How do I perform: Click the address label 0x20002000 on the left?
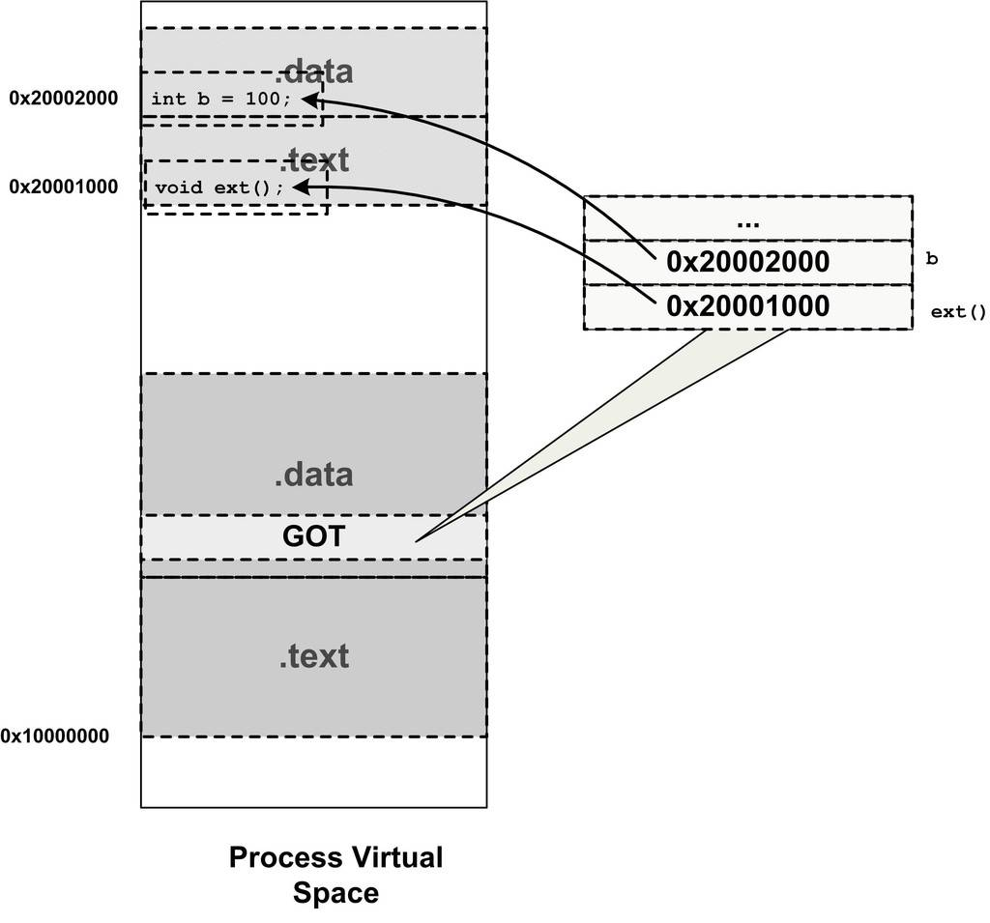tap(63, 98)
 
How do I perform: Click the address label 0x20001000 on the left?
tap(63, 187)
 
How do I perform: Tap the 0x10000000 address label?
tap(55, 736)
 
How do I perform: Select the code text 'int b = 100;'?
tap(220, 99)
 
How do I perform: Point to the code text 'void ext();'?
tap(219, 187)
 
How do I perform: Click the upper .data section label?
tap(314, 72)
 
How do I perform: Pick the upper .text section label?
tap(313, 159)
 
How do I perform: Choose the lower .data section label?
tap(313, 475)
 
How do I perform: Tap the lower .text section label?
tap(313, 656)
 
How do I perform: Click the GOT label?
tap(313, 536)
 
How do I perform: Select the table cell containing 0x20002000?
tap(747, 262)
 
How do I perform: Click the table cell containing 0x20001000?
tap(747, 307)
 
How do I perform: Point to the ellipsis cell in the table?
tap(747, 219)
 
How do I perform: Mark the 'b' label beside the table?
tap(932, 259)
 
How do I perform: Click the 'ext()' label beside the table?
tap(958, 312)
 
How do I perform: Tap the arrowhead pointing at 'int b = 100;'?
tap(308, 99)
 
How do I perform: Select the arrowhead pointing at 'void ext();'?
tap(299, 187)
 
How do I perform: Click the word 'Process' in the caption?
tap(285, 857)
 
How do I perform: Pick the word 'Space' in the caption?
tap(335, 893)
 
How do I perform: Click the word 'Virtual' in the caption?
tap(395, 857)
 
